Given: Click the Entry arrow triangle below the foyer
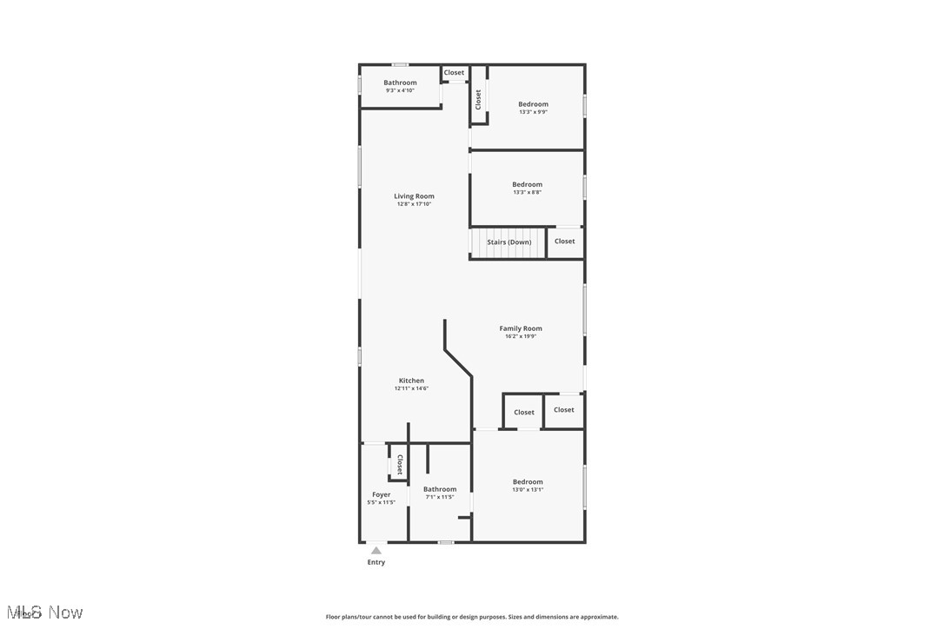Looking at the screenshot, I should point(376,550).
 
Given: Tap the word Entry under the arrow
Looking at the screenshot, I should point(376,562).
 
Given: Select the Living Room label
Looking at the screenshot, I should point(414,196).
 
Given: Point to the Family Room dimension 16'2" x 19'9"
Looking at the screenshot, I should point(521,336).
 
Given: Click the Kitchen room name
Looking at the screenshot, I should point(411,381).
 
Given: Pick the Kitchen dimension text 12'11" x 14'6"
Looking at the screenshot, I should point(411,388).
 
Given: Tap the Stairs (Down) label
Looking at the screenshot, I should point(509,242).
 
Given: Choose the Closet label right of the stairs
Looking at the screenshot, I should point(565,242).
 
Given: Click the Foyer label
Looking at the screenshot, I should point(381,494).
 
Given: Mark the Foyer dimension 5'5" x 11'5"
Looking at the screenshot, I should point(381,502).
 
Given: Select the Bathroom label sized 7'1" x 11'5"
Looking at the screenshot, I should point(440,489).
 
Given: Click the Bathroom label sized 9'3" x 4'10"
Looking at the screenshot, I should point(400,83).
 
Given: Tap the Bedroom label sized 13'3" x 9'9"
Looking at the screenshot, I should point(534,104).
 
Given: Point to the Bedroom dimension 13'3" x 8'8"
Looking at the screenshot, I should point(527,192).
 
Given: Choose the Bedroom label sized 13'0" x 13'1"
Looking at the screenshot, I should point(528,481).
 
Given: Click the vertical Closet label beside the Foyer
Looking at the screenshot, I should point(400,464).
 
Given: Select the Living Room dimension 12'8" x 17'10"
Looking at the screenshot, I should point(414,204).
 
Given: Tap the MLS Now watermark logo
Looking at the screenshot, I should point(43,612).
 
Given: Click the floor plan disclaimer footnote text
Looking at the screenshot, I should point(472,617).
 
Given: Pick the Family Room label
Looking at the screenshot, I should point(521,328).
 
